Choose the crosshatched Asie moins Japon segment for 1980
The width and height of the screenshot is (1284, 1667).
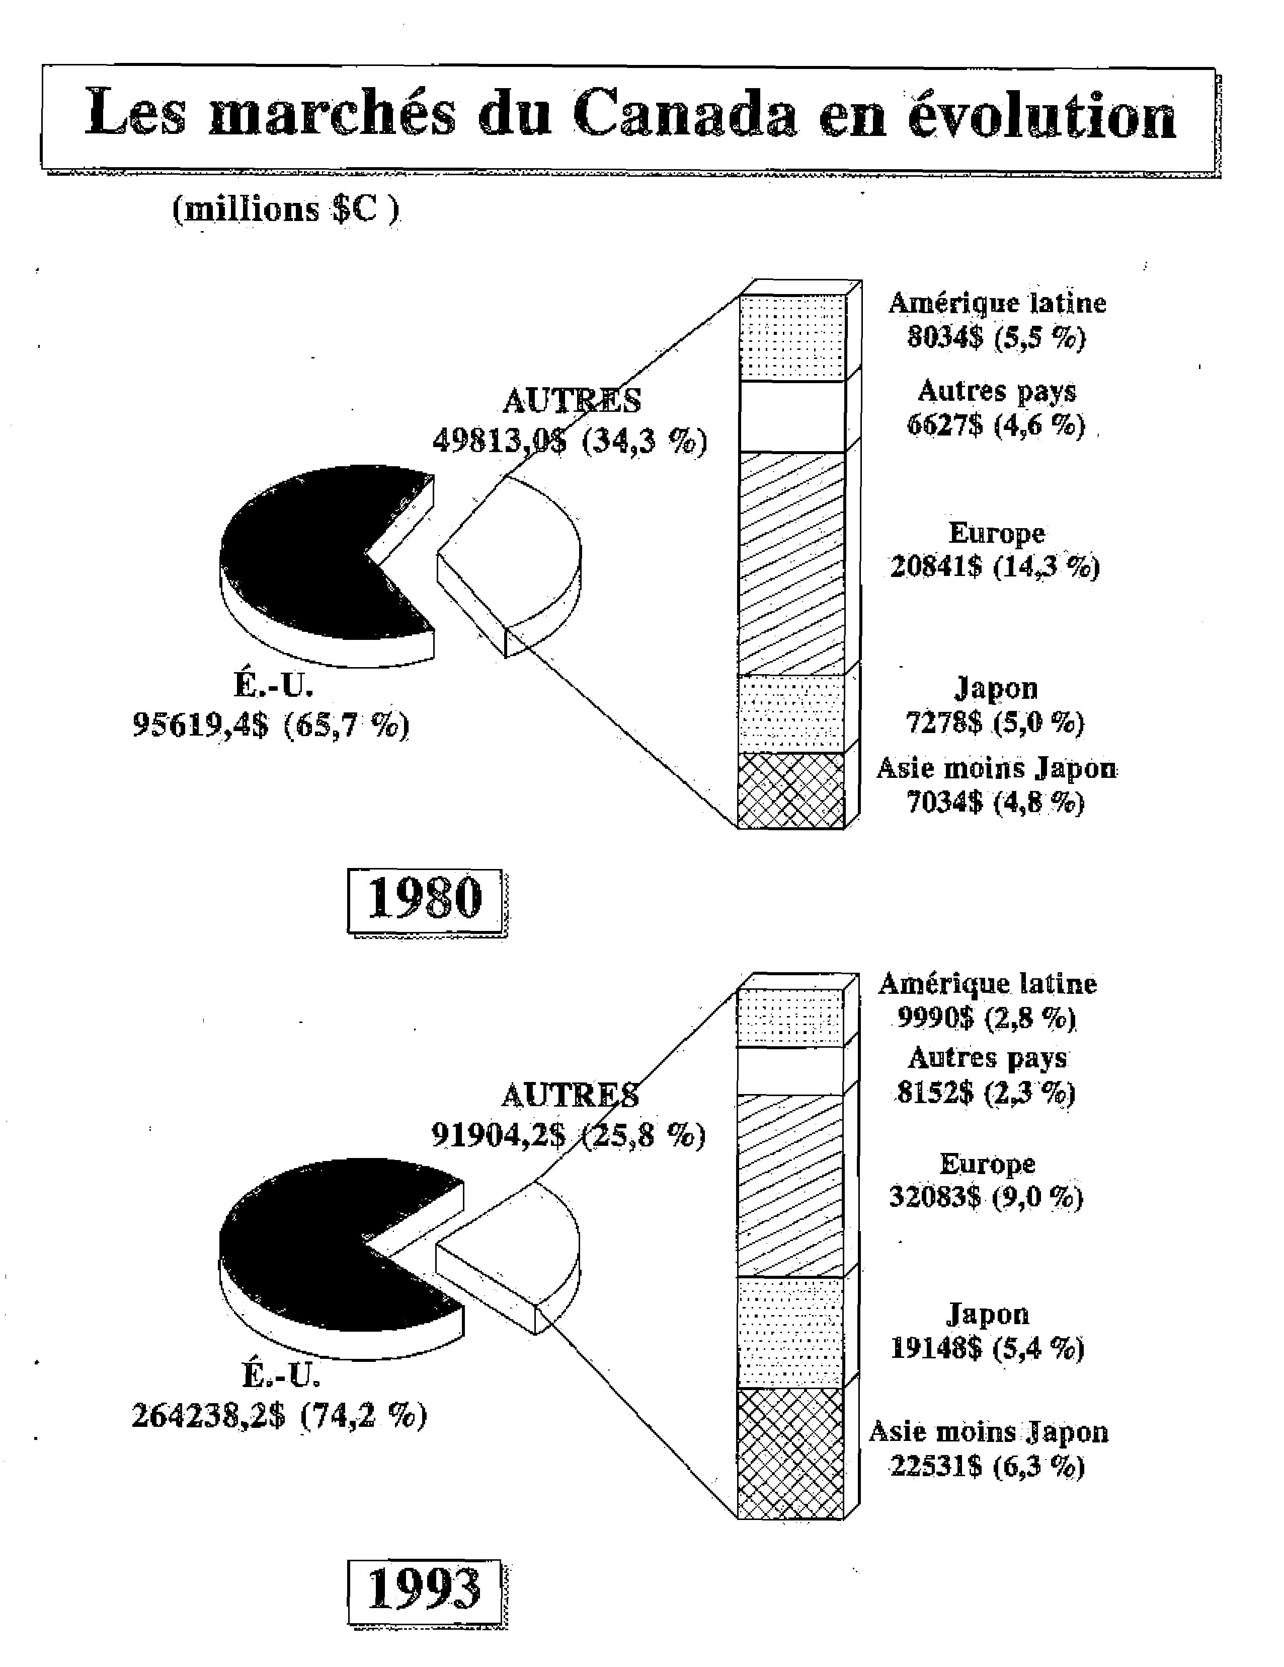click(791, 790)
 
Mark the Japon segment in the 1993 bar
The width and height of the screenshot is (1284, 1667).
click(790, 1333)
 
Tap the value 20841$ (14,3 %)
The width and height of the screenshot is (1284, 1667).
click(995, 566)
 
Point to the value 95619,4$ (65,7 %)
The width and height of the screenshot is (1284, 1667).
click(271, 724)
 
